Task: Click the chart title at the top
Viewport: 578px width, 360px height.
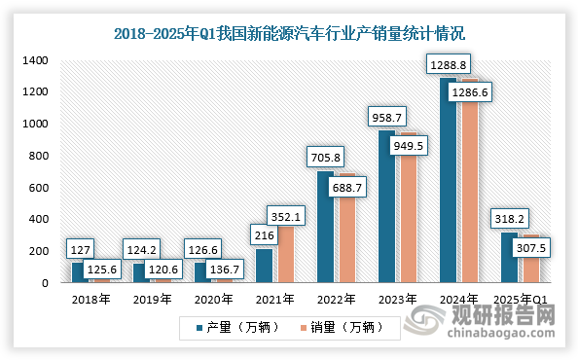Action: pos(289,33)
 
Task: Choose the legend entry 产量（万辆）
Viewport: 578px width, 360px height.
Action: pos(234,329)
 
